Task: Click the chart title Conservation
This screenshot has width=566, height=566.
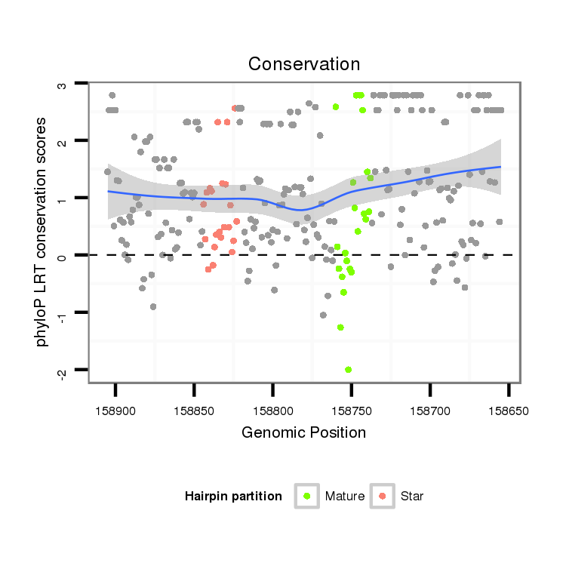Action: pos(304,63)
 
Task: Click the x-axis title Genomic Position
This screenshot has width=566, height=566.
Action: pos(304,432)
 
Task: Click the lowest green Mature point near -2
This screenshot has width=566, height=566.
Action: pos(348,370)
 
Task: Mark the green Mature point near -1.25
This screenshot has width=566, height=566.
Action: pos(340,328)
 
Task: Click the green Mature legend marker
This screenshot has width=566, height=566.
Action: pos(306,496)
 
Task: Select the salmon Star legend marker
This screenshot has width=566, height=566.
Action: pos(383,496)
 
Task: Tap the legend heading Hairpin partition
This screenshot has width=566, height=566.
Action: pos(233,497)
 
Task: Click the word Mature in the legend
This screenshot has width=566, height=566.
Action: pos(345,497)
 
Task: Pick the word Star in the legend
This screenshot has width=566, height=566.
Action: pos(413,497)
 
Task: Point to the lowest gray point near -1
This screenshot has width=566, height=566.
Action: pos(323,315)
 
